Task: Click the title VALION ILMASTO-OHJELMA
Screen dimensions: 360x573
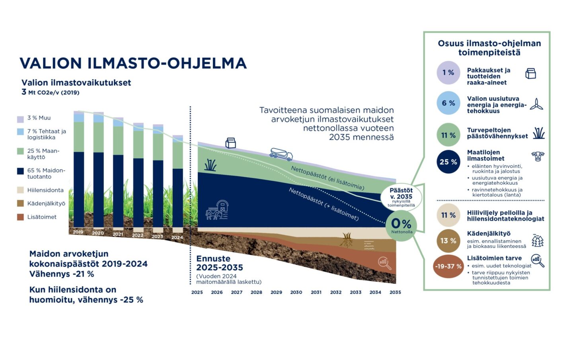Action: coord(133,63)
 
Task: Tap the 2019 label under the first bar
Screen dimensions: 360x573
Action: coord(78,232)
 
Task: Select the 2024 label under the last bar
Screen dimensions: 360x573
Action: coord(177,237)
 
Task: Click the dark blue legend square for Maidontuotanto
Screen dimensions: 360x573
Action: coord(21,171)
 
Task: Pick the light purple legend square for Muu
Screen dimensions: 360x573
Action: coord(21,119)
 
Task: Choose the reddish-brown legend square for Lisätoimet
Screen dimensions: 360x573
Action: coord(21,217)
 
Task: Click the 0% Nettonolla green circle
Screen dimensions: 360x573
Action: coord(401,225)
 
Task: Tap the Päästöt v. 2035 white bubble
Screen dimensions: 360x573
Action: coord(401,197)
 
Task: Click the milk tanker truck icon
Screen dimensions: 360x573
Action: coord(281,154)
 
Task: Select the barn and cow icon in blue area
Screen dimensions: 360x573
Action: coord(217,210)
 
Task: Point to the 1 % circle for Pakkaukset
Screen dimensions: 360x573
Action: coord(448,72)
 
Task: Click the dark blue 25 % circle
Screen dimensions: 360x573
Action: coord(448,162)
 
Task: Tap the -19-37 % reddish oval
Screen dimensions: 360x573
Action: coord(448,266)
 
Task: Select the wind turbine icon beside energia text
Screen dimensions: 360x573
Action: coord(536,104)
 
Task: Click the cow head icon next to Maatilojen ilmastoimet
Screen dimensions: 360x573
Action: coord(538,156)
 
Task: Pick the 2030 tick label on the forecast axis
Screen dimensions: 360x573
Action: coord(296,292)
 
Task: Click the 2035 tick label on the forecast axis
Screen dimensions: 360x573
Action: coord(395,292)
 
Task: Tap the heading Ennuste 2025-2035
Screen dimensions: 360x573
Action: coord(220,263)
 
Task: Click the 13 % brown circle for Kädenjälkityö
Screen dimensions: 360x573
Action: coord(448,241)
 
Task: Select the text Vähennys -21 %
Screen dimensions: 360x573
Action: coord(62,274)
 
